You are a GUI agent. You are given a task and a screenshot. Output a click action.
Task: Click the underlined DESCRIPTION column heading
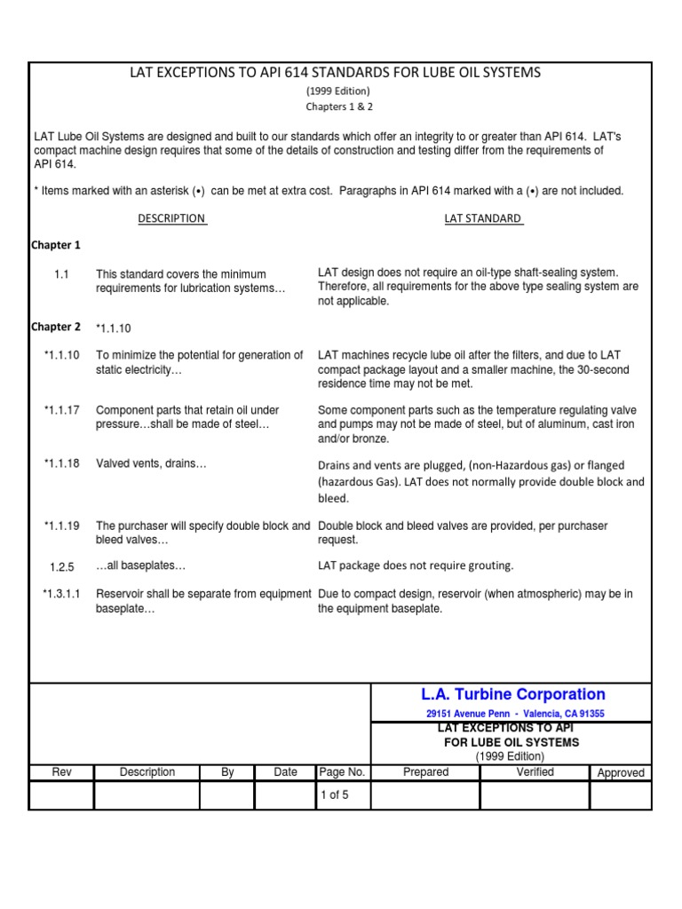point(171,218)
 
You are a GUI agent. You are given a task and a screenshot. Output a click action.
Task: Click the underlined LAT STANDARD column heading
point(483,218)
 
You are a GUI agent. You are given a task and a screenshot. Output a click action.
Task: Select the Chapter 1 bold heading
point(56,245)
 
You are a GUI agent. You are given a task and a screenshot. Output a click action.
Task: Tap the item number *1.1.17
point(61,410)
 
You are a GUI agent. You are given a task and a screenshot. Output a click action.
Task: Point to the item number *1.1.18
point(61,463)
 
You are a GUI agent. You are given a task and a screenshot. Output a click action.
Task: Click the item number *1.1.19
point(61,526)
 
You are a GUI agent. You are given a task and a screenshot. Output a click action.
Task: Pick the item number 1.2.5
point(61,566)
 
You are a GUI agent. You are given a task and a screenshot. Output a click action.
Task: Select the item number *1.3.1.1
point(61,594)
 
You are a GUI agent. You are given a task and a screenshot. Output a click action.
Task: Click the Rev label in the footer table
point(61,772)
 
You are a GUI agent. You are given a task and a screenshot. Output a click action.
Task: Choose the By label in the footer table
point(227,772)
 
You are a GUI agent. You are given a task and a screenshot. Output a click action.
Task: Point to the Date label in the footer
point(285,772)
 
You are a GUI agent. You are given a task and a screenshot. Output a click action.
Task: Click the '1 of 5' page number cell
point(334,795)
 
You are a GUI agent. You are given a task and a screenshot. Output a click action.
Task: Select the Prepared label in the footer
point(425,772)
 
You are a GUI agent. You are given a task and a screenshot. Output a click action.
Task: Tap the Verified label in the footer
point(535,772)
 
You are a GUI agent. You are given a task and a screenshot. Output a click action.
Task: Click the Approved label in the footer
point(621,773)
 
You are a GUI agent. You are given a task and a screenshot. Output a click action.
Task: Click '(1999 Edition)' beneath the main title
point(338,91)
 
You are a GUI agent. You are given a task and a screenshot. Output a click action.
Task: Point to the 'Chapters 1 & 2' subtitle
point(338,106)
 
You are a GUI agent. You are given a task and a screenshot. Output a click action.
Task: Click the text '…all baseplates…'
point(140,566)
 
